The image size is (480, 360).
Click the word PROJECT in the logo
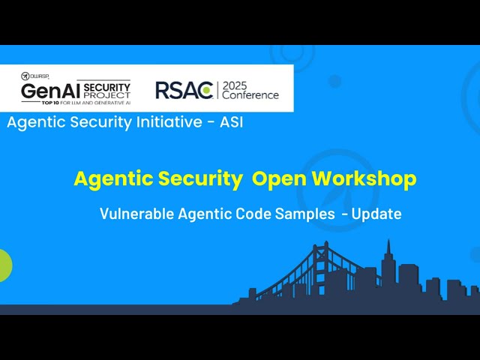(107, 95)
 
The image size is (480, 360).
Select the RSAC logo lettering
(184, 90)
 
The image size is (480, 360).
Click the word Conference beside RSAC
(250, 95)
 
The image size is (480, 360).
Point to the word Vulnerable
(136, 214)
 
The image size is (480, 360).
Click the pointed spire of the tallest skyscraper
(388, 244)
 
